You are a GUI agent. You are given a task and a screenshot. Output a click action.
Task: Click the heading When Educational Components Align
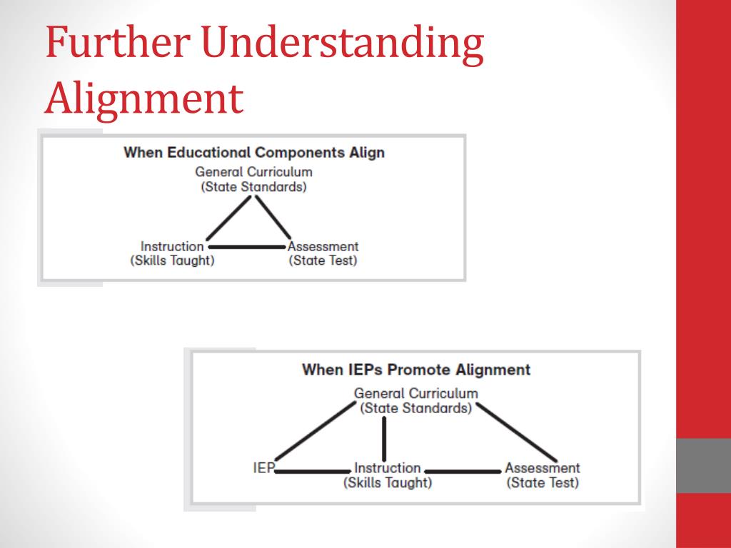click(254, 152)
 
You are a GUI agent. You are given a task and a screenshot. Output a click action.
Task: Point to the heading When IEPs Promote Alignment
click(416, 370)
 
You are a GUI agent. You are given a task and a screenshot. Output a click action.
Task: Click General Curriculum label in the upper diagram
click(253, 179)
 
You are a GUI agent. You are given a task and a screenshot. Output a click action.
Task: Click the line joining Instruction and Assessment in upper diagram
click(246, 247)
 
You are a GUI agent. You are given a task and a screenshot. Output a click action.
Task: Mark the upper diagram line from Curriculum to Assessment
click(273, 218)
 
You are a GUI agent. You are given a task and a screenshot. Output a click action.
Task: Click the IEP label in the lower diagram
click(263, 469)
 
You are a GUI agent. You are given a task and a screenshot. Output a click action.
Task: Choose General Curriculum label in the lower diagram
click(415, 400)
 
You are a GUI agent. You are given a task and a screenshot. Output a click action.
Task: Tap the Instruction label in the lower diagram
click(388, 475)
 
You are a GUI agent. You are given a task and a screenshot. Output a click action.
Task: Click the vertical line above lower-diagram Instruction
click(385, 439)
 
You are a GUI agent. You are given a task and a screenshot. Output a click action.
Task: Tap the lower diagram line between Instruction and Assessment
click(463, 472)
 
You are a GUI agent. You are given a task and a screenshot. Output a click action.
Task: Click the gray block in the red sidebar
click(703, 465)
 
